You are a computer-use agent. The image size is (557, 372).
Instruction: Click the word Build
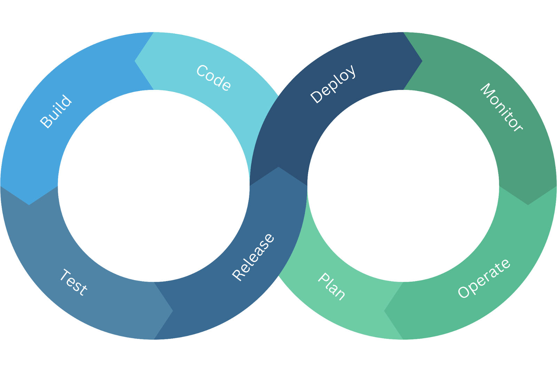56,112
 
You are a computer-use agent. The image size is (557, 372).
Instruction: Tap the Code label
213,78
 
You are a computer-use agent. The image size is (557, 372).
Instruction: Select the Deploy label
333,84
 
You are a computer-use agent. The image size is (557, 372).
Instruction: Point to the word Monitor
501,107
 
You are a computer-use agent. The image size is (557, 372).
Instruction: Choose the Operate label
484,279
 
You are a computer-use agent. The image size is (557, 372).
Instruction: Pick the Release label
253,257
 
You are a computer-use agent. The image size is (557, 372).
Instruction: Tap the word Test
73,282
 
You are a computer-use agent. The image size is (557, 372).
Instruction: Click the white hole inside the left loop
154,186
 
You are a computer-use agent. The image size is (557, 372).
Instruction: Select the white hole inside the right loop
403,186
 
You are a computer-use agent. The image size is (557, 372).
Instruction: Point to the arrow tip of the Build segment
29,204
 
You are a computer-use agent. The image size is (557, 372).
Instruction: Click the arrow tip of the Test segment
172,311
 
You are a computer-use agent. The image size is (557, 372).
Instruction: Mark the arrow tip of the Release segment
278,168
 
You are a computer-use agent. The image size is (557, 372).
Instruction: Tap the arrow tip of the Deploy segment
422,61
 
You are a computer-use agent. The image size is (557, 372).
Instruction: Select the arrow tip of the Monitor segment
528,204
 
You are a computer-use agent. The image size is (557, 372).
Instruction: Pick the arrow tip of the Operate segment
385,311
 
